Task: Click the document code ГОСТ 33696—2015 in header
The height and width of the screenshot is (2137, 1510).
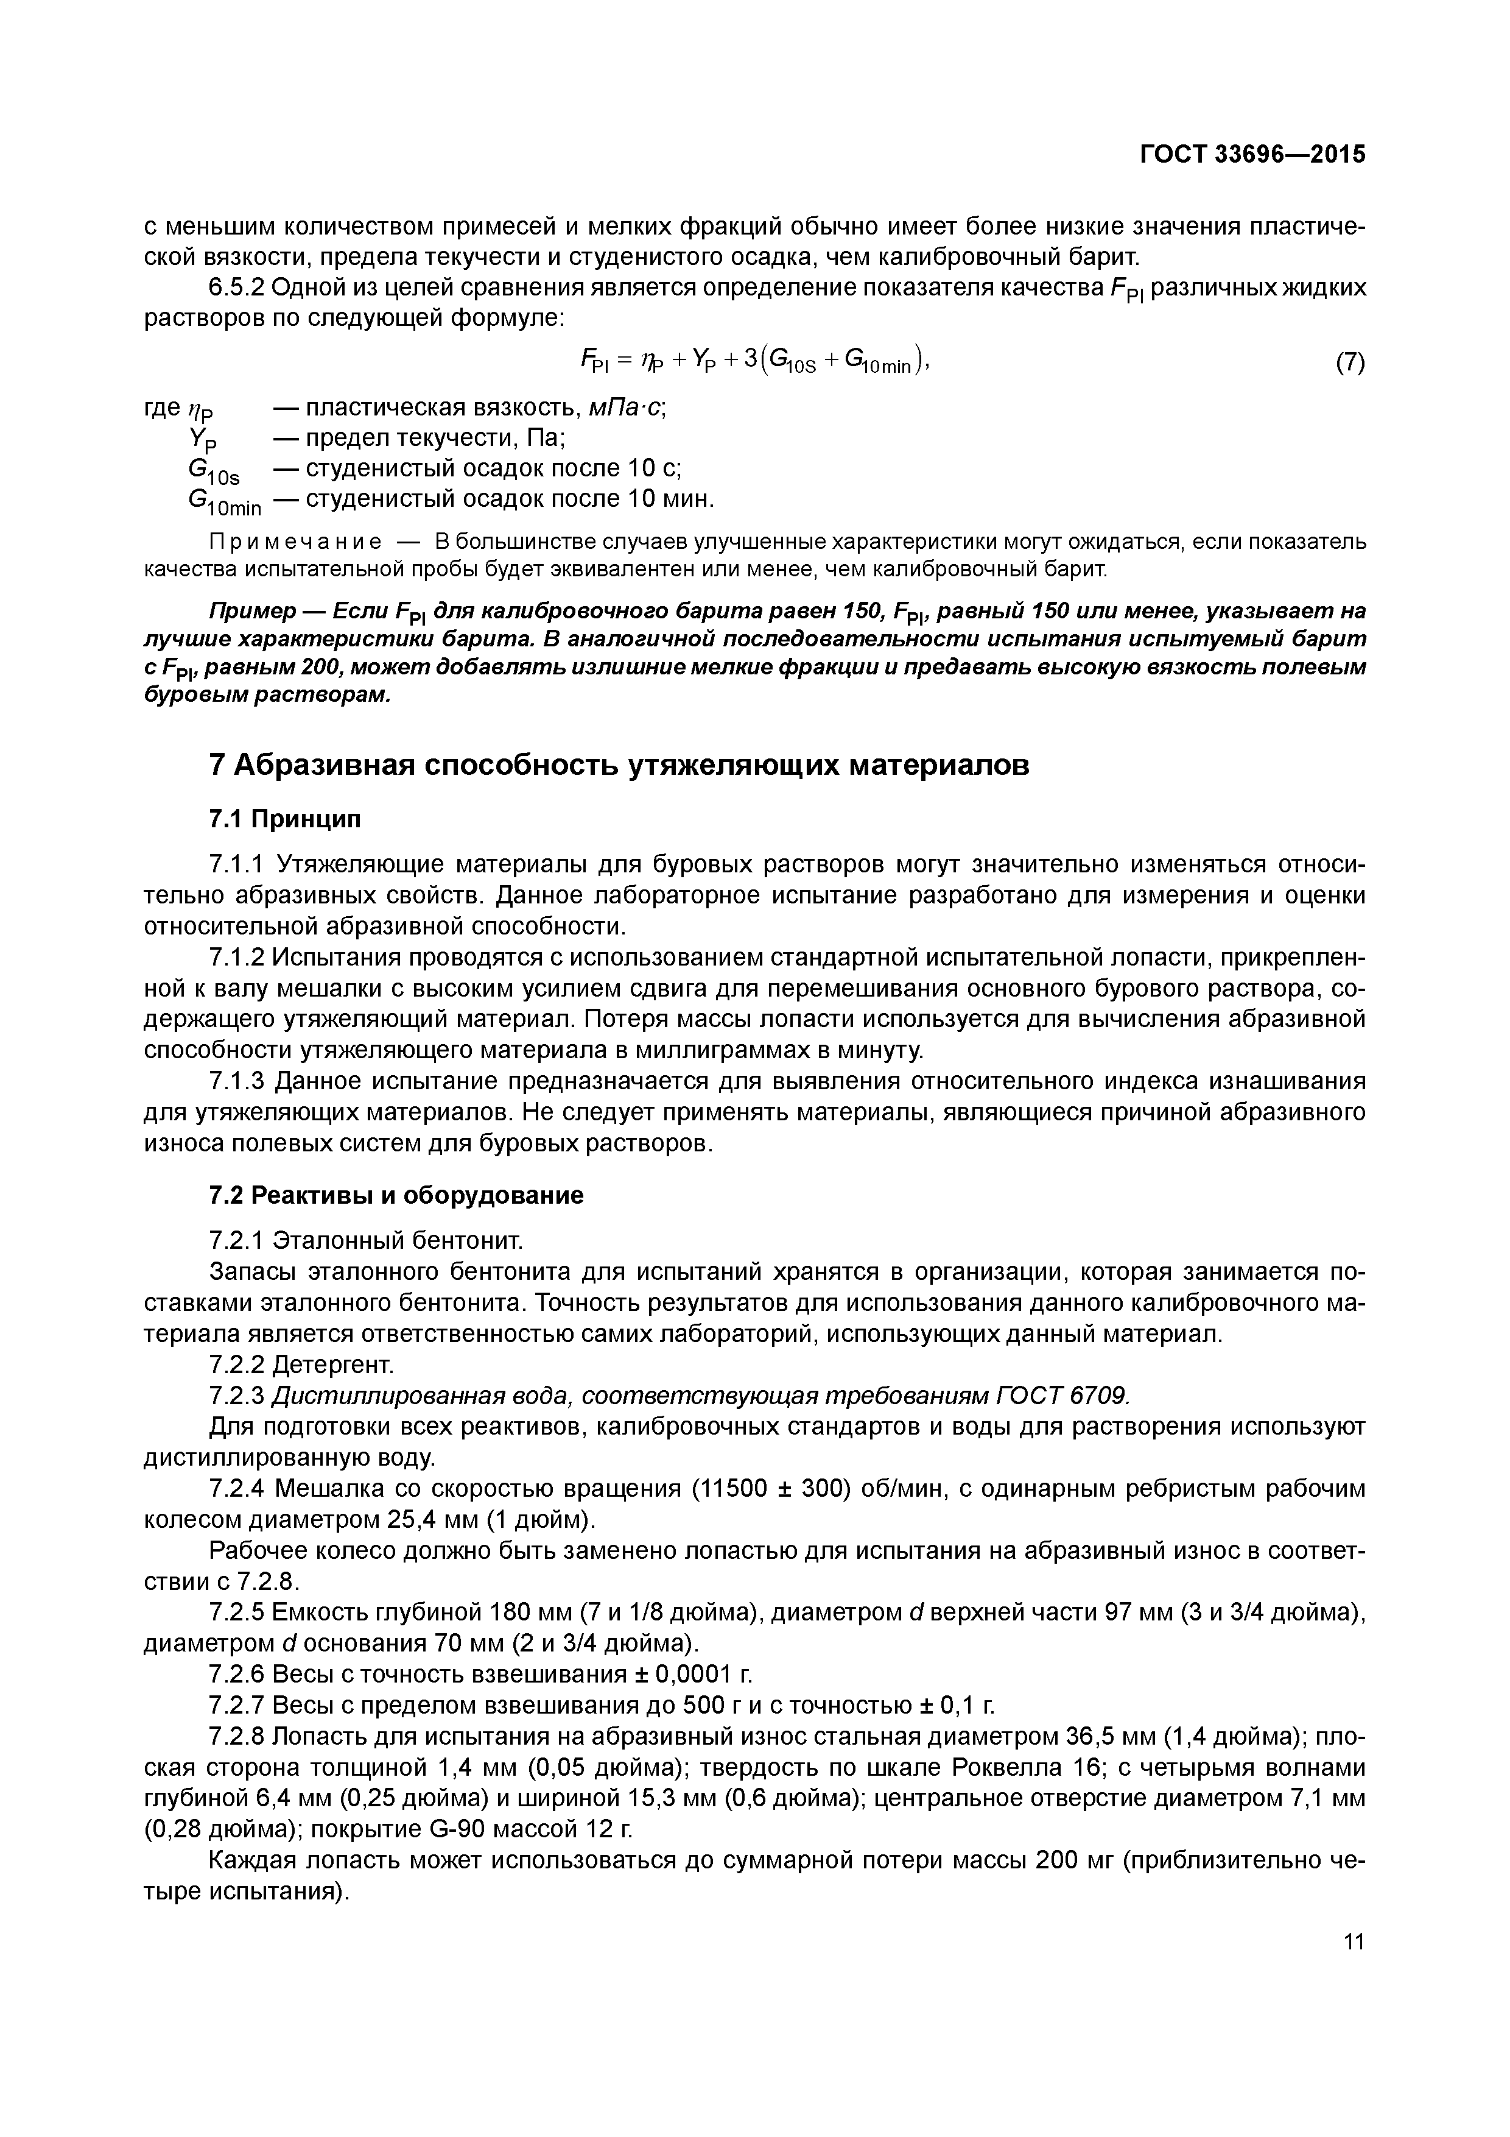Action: coord(1252,155)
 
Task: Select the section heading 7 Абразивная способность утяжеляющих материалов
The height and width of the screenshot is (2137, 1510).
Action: coord(620,765)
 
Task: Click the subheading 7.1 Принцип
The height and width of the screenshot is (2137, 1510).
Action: coord(285,819)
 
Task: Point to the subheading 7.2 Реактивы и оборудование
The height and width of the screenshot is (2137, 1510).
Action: coord(396,1195)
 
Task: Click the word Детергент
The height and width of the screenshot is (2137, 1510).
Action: coord(333,1365)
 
